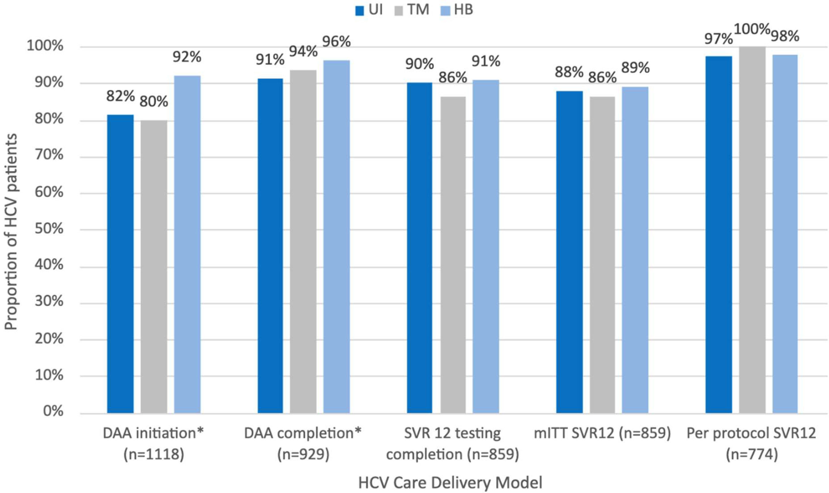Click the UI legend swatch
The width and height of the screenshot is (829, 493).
click(359, 11)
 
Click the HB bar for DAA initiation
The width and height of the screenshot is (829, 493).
click(187, 244)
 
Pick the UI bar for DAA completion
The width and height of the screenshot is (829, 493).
click(270, 246)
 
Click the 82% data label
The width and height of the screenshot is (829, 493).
click(120, 96)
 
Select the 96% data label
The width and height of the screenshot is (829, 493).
click(336, 42)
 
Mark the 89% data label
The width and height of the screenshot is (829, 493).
click(635, 68)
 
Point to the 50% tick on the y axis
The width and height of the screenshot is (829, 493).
click(49, 229)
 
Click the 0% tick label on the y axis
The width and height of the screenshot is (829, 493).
click(53, 411)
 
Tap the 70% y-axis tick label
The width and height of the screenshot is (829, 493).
click(49, 155)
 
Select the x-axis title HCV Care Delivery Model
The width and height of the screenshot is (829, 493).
click(450, 483)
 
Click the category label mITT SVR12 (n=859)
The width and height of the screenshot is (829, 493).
click(602, 433)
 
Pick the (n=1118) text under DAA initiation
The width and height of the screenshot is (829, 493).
click(153, 454)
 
